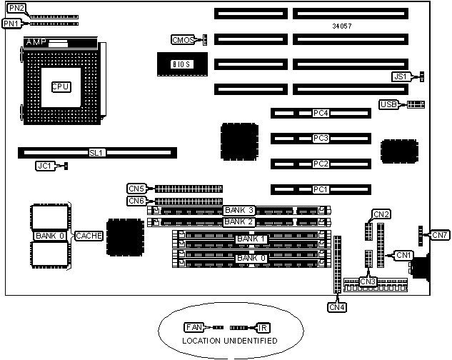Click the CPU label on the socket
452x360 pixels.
[60, 86]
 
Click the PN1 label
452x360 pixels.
[11, 24]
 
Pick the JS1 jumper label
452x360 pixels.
[401, 76]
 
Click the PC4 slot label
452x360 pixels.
[321, 113]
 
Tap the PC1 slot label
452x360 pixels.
[321, 189]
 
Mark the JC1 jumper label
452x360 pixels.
[44, 166]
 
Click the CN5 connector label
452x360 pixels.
[136, 189]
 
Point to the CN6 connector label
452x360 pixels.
[136, 201]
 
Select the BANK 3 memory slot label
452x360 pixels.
[239, 210]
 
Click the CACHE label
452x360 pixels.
[89, 235]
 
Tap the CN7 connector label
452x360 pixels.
[440, 235]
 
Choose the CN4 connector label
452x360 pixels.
[337, 307]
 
